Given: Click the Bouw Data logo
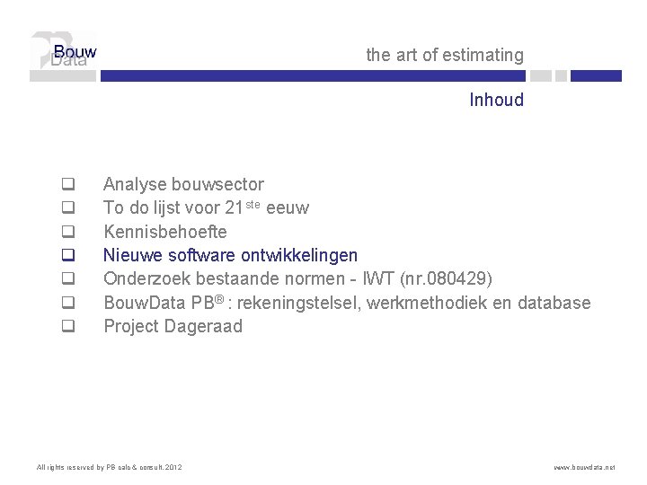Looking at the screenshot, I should coord(63,56).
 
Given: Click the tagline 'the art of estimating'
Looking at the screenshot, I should coord(444,55).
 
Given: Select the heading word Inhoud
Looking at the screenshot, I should coord(496,100).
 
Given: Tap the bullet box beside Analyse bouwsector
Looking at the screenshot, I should coord(66,185).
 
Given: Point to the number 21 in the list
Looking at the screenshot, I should coord(234,208).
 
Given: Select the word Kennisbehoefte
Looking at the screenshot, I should coord(164,232).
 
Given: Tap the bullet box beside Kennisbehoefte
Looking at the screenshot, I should coord(66,233).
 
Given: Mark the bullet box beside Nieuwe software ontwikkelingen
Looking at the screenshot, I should coord(66,256).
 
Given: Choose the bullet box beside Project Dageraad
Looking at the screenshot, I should coord(66,327).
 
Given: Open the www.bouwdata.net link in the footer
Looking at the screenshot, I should coord(584,467).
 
